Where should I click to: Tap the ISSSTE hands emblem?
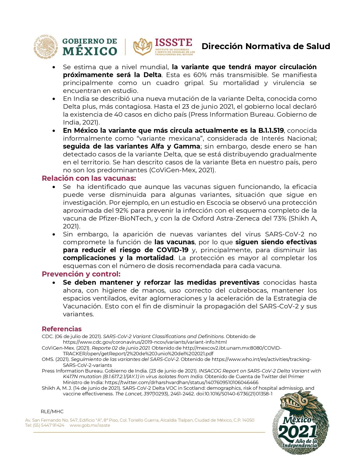[143, 47]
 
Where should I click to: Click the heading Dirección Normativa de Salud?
[266, 46]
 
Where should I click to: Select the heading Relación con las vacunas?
[89, 178]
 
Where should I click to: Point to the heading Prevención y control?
[81, 274]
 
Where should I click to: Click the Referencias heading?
[62, 329]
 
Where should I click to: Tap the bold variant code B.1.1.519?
[271, 130]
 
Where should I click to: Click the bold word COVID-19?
[173, 250]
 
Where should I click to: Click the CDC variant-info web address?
[145, 342]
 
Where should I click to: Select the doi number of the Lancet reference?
[234, 394]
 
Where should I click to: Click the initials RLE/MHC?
[52, 411]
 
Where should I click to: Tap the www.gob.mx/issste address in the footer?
[90, 425]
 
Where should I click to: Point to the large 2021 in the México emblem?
[297, 432]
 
